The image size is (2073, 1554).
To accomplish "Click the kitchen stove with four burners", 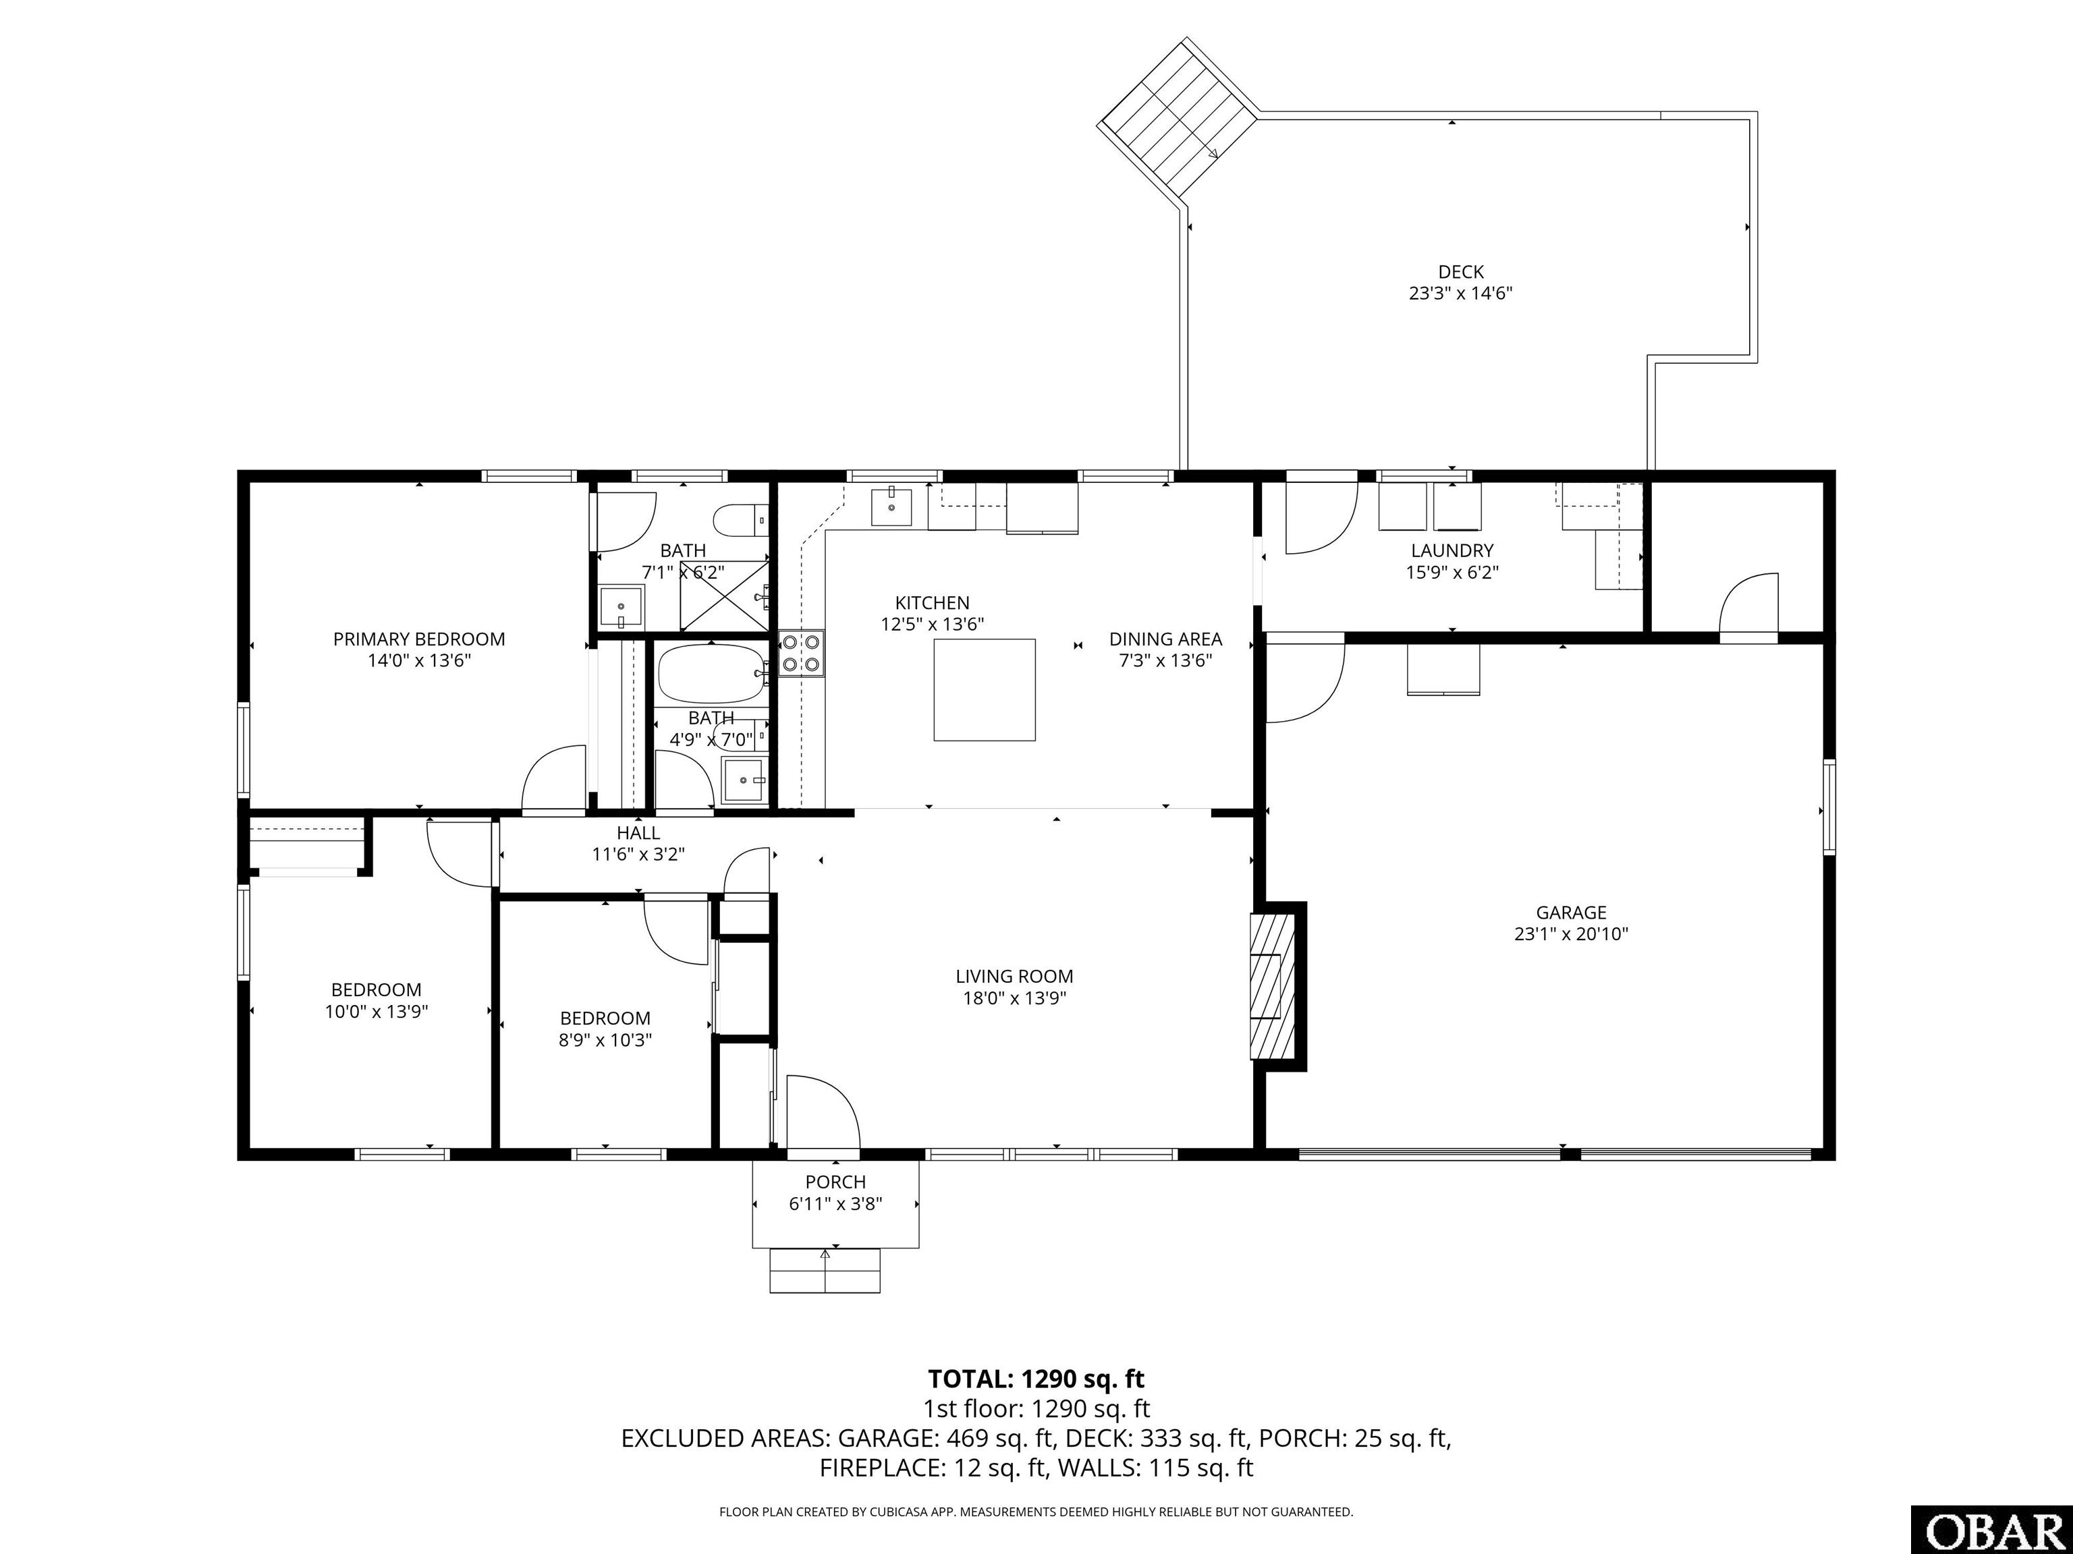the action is coord(801,653).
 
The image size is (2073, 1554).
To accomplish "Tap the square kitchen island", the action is coord(984,689).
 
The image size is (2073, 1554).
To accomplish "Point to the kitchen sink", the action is coord(891,506).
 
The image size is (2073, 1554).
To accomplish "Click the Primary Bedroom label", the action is coord(419,639).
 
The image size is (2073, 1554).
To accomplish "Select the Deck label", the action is coord(1461,272).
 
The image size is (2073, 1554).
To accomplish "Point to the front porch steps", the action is coord(825,1270).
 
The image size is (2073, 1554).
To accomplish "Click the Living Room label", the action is coord(1014,976).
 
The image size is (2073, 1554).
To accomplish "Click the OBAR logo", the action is coord(1991,1530).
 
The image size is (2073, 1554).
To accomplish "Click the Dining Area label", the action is coord(1166,639).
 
